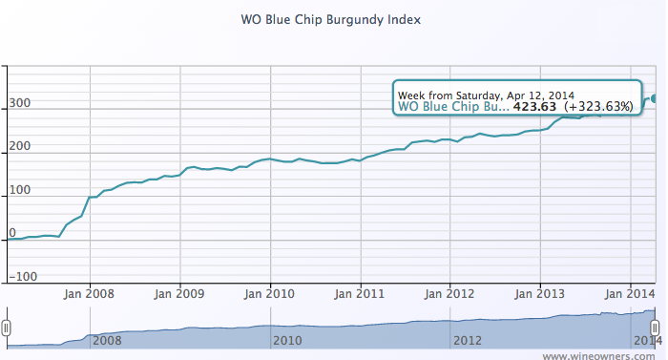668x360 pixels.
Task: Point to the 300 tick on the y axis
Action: (x=20, y=103)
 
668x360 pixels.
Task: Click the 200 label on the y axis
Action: (x=20, y=146)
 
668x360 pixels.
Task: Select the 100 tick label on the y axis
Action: (x=20, y=189)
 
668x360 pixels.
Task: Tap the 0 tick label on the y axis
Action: (x=12, y=233)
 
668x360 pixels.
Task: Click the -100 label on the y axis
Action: (x=23, y=276)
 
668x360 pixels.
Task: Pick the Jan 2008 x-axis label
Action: (x=90, y=293)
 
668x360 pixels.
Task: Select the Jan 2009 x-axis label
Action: (x=179, y=293)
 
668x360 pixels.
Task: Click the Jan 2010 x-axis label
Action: (x=270, y=293)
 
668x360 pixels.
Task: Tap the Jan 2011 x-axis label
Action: (x=361, y=293)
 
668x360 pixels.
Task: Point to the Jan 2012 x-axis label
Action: (x=450, y=293)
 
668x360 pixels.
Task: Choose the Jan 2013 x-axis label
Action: (x=541, y=293)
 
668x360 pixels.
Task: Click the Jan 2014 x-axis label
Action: (x=631, y=293)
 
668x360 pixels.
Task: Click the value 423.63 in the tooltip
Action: (x=534, y=107)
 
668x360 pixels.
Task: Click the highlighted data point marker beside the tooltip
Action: (x=655, y=97)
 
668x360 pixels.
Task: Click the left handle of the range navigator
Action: (x=7, y=328)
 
